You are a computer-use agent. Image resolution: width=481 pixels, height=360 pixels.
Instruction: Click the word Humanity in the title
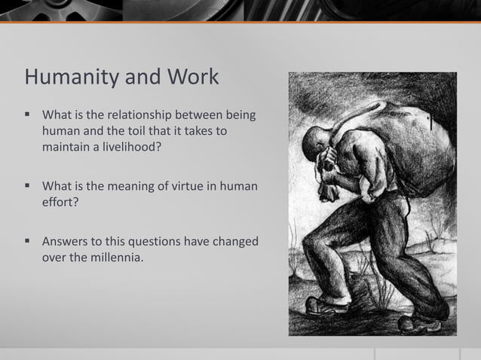68,78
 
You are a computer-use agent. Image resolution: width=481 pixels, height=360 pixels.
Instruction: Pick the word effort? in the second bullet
60,202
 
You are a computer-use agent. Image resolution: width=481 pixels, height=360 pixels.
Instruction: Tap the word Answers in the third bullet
66,242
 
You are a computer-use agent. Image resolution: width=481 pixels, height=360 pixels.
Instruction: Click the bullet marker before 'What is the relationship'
28,116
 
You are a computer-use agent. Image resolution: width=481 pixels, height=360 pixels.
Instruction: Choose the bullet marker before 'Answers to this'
28,242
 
